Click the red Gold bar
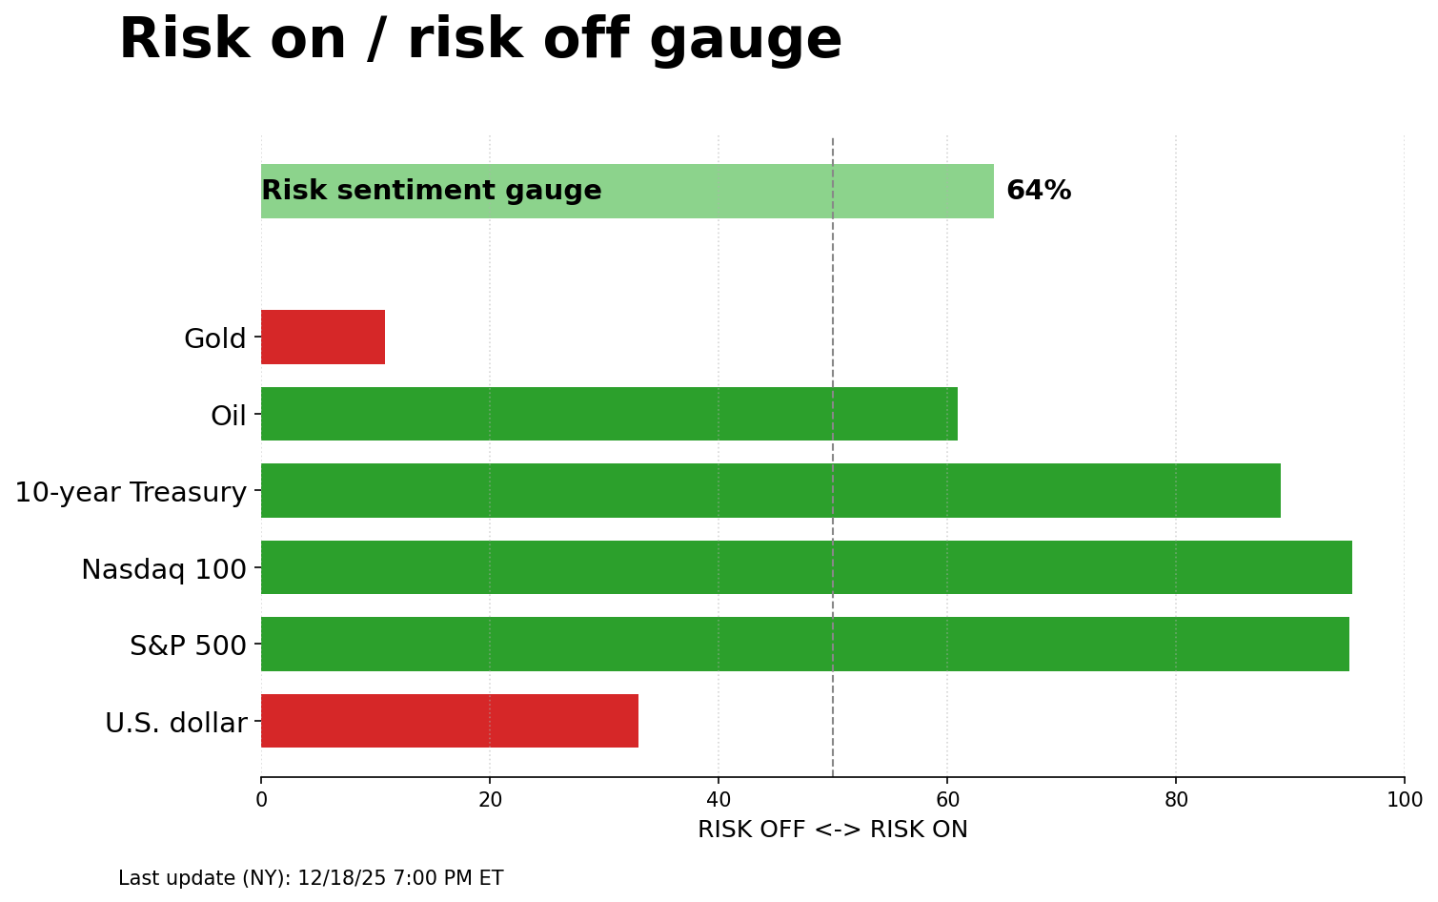tap(323, 337)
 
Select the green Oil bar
tap(609, 414)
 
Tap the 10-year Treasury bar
tap(770, 491)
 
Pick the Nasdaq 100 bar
tap(806, 567)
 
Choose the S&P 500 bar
tap(805, 645)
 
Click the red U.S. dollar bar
tap(450, 721)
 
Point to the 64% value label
tap(1039, 191)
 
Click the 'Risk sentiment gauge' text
tap(432, 191)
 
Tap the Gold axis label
tap(215, 338)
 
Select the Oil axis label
tap(229, 416)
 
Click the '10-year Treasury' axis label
tap(131, 492)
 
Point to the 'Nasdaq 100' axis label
tap(164, 569)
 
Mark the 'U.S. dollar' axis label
tap(176, 723)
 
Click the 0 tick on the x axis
tap(261, 800)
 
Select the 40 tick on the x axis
tap(719, 800)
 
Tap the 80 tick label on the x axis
tap(1176, 800)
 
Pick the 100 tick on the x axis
tap(1405, 800)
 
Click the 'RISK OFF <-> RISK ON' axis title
tap(833, 830)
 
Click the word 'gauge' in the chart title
tap(746, 41)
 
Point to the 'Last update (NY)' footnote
tap(311, 878)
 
